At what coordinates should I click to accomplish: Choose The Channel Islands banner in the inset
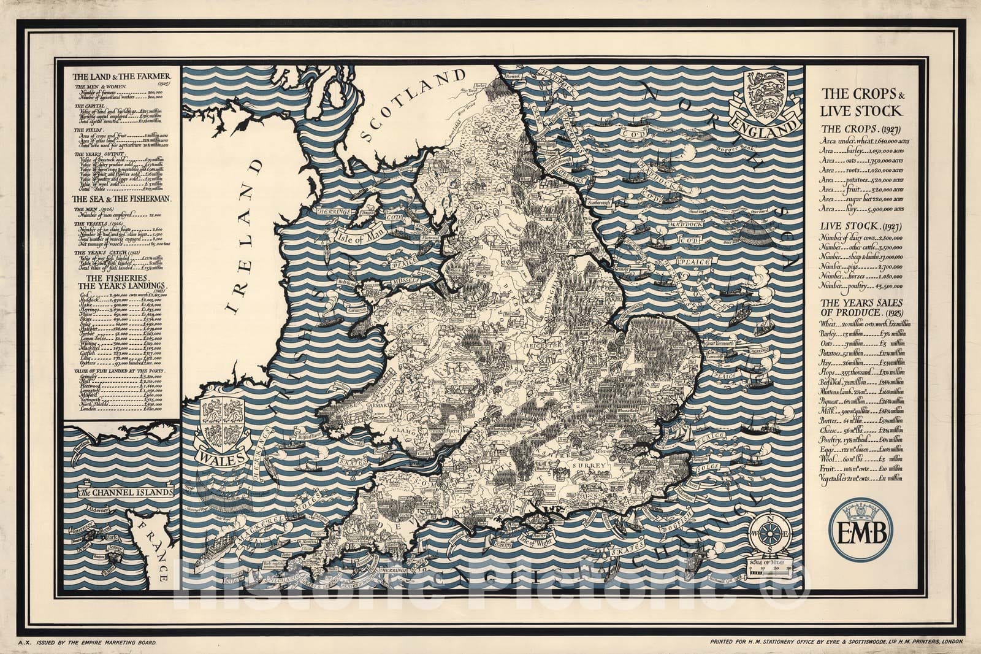click(x=126, y=492)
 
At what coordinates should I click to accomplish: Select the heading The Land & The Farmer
click(x=122, y=77)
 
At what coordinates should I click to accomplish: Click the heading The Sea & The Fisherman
click(x=122, y=199)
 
